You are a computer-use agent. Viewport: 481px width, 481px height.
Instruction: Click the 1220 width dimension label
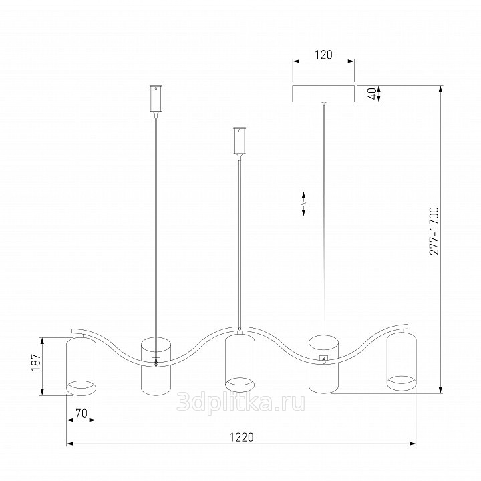(242, 437)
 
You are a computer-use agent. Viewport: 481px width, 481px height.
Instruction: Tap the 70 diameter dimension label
(82, 414)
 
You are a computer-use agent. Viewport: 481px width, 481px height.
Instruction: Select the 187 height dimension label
(36, 362)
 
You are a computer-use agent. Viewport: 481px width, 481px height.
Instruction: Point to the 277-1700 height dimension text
(434, 231)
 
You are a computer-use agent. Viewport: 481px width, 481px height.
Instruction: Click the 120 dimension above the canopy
(323, 55)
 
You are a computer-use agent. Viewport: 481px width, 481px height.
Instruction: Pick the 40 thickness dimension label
(371, 94)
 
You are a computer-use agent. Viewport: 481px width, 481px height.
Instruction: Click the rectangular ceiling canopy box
(323, 94)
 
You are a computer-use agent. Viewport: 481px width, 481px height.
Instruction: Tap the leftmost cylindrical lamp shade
(82, 366)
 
